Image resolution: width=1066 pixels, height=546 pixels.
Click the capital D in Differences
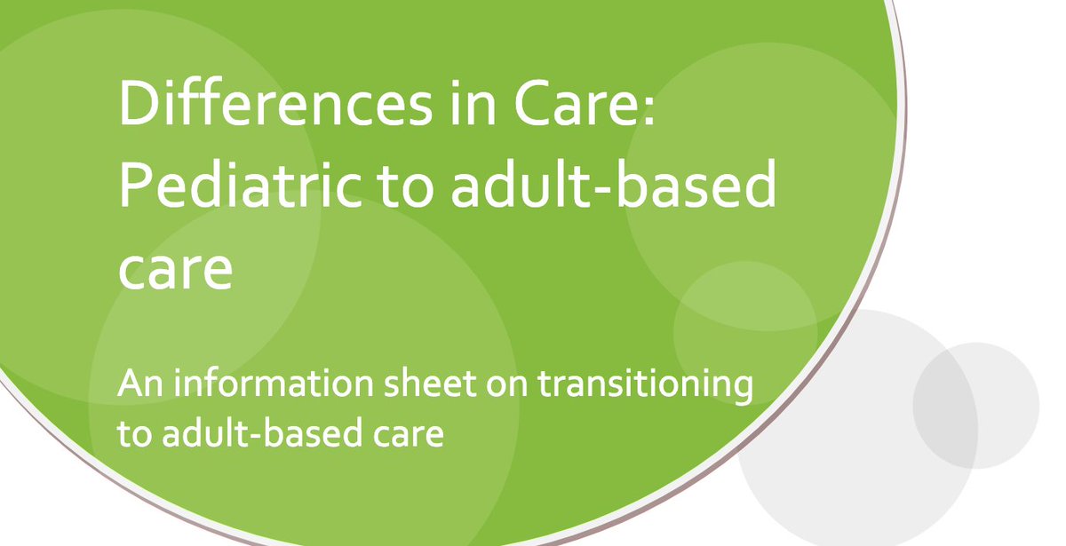[x=139, y=104]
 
